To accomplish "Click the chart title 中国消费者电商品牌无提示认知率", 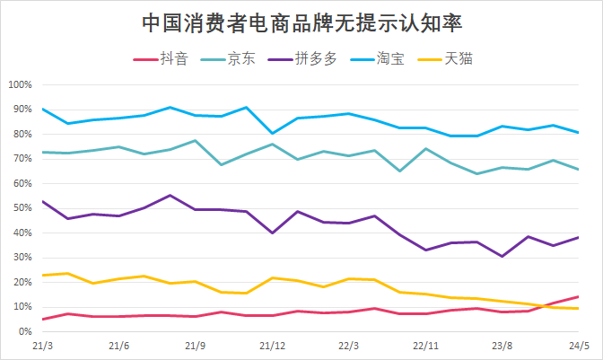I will coord(302,22).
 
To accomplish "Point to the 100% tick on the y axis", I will coord(20,85).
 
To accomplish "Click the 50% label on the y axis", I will coord(22,208).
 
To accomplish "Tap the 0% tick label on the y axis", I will coord(25,331).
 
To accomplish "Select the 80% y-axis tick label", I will coord(22,135).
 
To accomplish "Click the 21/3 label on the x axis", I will coord(42,346).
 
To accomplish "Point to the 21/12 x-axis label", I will coord(272,346).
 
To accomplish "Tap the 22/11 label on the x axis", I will coord(425,346).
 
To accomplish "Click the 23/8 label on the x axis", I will coord(502,346).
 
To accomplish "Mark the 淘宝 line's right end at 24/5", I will coord(578,133).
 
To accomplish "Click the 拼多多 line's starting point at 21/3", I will coord(42,201).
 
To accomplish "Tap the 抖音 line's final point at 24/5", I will coord(578,296).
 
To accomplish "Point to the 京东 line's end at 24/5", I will coord(578,169).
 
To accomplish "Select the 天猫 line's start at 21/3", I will coord(42,276).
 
